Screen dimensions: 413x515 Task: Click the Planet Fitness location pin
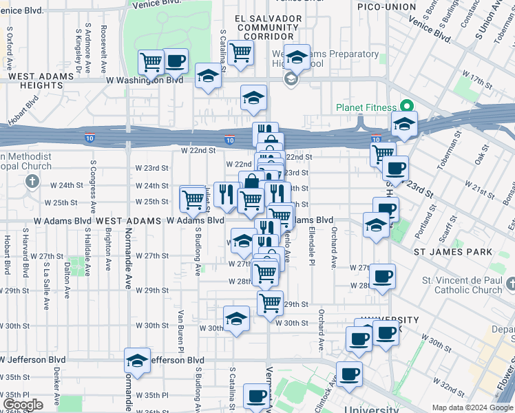[x=406, y=107]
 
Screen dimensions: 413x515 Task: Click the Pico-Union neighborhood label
[x=387, y=7]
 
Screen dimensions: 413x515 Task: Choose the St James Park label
[x=452, y=252]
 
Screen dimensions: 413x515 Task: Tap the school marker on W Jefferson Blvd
[x=137, y=361]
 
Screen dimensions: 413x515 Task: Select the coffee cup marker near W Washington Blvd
[x=175, y=61]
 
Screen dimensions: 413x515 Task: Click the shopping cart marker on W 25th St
[x=193, y=199]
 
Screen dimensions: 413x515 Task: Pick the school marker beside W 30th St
[x=236, y=319]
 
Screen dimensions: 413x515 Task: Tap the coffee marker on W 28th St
[x=382, y=277]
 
